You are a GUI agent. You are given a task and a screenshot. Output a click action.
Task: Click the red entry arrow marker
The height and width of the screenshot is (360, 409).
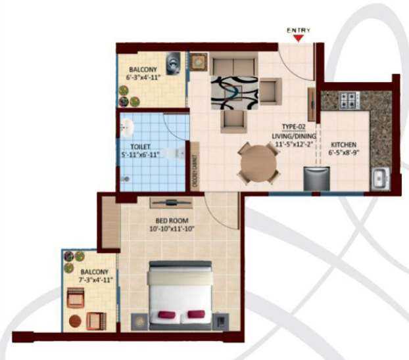click(299, 37)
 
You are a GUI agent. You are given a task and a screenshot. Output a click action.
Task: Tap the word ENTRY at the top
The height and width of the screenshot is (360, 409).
click(299, 30)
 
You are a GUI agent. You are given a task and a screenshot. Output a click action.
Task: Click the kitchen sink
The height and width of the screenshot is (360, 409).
click(380, 179)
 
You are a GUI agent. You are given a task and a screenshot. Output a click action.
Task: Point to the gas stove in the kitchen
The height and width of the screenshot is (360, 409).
click(347, 101)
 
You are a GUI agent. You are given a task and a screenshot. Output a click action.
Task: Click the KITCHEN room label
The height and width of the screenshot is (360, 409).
click(343, 145)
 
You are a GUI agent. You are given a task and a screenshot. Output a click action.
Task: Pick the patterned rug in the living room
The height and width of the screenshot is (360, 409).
click(233, 93)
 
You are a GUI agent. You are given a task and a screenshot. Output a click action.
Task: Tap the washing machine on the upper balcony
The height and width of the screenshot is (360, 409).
click(173, 64)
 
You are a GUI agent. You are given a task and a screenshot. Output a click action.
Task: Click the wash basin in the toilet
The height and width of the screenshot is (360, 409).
click(128, 127)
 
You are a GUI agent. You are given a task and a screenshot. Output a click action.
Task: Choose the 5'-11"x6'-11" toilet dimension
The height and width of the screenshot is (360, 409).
click(141, 156)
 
